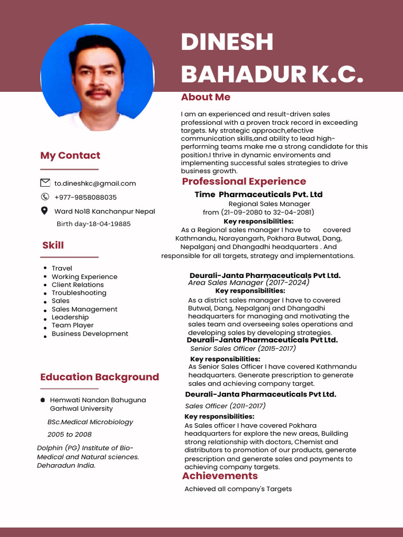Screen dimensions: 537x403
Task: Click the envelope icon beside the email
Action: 45,183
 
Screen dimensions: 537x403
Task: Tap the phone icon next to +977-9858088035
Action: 45,197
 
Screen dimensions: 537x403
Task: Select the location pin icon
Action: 45,211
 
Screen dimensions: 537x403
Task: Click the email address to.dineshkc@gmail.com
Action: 95,184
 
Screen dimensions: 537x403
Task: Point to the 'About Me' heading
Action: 206,97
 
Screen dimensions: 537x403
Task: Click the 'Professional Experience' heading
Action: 244,181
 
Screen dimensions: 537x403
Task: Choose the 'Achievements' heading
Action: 220,476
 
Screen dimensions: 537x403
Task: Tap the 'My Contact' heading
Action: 70,155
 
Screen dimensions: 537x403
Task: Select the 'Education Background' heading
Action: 100,377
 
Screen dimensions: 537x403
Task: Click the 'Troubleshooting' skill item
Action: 79,293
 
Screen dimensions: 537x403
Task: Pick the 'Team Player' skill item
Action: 72,325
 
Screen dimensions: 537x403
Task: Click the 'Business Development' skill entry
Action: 90,334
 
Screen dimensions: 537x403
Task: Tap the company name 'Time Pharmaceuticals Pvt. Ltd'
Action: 258,195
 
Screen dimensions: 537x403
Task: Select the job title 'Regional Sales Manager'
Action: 269,203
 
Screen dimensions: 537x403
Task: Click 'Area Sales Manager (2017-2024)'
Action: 249,283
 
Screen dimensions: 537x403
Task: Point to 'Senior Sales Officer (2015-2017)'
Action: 243,349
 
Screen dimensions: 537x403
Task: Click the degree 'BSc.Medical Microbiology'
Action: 90,422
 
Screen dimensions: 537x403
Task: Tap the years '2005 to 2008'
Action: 69,435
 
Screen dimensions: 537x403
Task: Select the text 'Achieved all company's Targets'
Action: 238,489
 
